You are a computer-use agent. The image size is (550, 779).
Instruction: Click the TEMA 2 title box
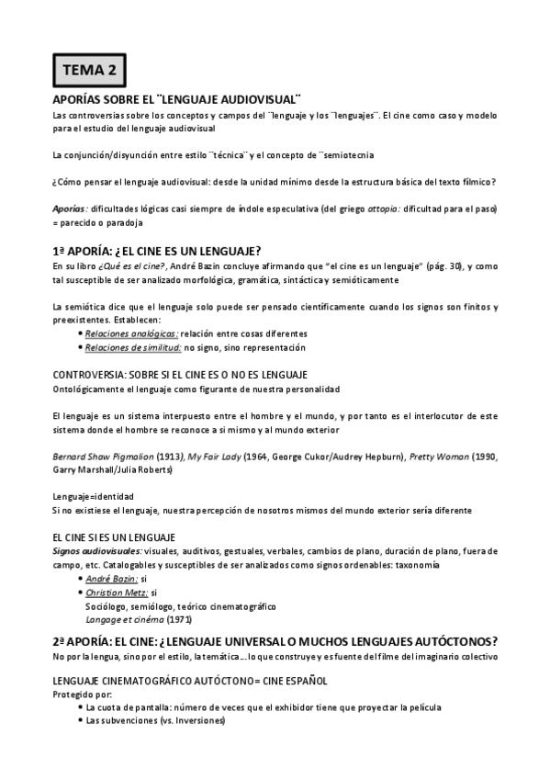pos(89,69)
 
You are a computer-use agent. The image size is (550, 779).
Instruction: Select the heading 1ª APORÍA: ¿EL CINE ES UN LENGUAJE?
pos(157,251)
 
